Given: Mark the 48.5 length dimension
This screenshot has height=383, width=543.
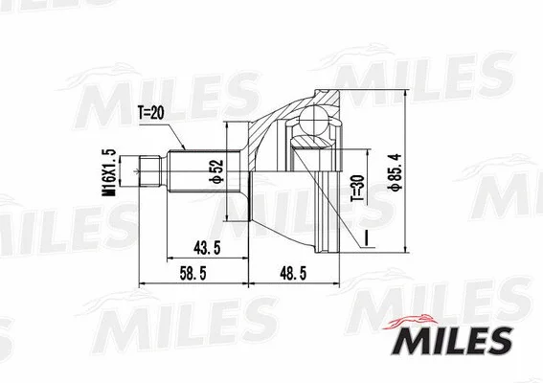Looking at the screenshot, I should pyautogui.click(x=292, y=273).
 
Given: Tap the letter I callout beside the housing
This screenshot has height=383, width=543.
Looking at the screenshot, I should pyautogui.click(x=364, y=233).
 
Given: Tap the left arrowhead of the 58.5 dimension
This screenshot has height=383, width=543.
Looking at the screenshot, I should pyautogui.click(x=144, y=284).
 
